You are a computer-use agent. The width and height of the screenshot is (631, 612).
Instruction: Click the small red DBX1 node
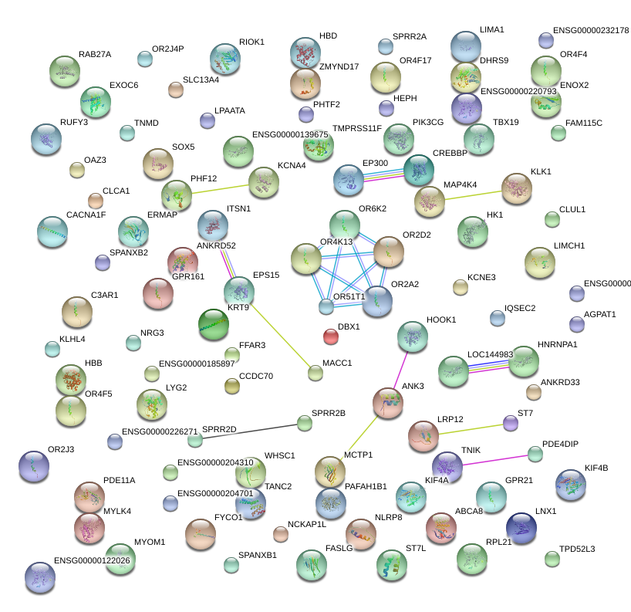click(330, 336)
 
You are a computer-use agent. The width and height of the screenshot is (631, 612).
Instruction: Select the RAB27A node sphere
click(64, 71)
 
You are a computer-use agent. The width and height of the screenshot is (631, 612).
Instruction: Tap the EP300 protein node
click(348, 180)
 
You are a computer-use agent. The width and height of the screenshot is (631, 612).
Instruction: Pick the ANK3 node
click(388, 402)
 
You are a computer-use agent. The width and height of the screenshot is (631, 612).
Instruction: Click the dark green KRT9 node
click(214, 324)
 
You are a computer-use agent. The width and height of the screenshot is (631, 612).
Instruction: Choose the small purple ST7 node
click(510, 423)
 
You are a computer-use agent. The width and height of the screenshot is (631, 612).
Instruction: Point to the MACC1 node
click(315, 374)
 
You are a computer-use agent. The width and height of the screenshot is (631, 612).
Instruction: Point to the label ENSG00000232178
click(591, 30)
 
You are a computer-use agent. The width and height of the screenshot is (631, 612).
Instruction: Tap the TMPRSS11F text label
click(356, 128)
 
